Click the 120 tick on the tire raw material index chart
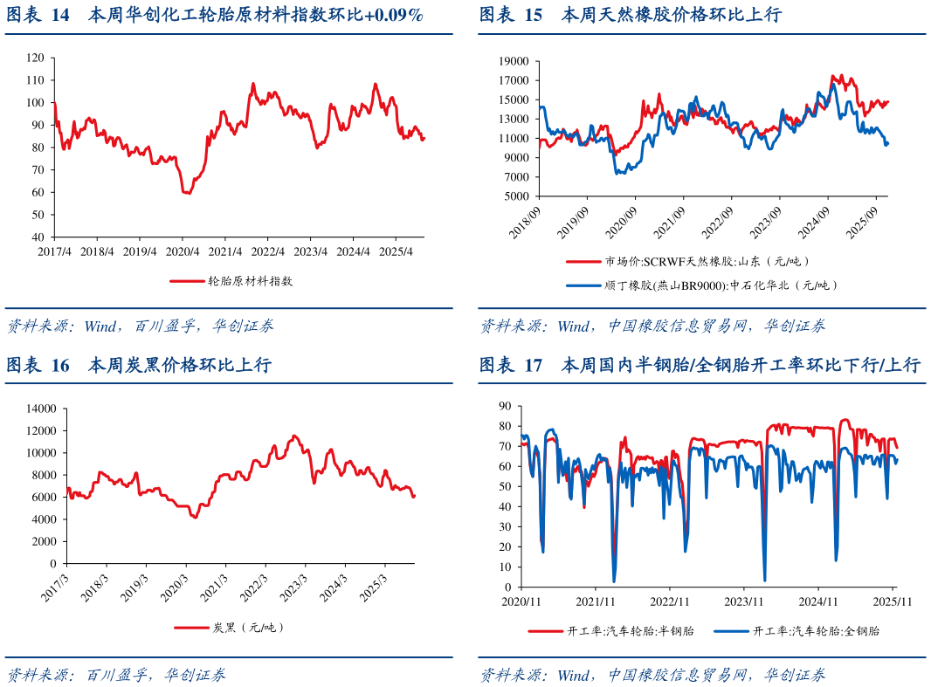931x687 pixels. [x=36, y=58]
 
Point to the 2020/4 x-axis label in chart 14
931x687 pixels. [x=182, y=251]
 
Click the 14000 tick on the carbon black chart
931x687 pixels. [x=41, y=408]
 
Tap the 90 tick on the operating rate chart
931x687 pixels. [x=504, y=406]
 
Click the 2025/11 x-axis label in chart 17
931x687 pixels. [x=893, y=601]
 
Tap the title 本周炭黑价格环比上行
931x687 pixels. [x=180, y=365]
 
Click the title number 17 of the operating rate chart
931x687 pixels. [x=534, y=365]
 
